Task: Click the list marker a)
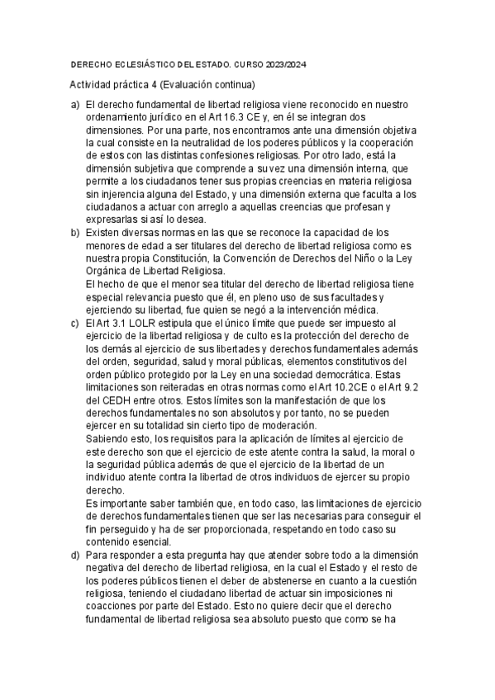click(x=75, y=105)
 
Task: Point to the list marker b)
click(x=75, y=234)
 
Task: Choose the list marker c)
click(x=75, y=321)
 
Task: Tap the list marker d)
click(x=75, y=556)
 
